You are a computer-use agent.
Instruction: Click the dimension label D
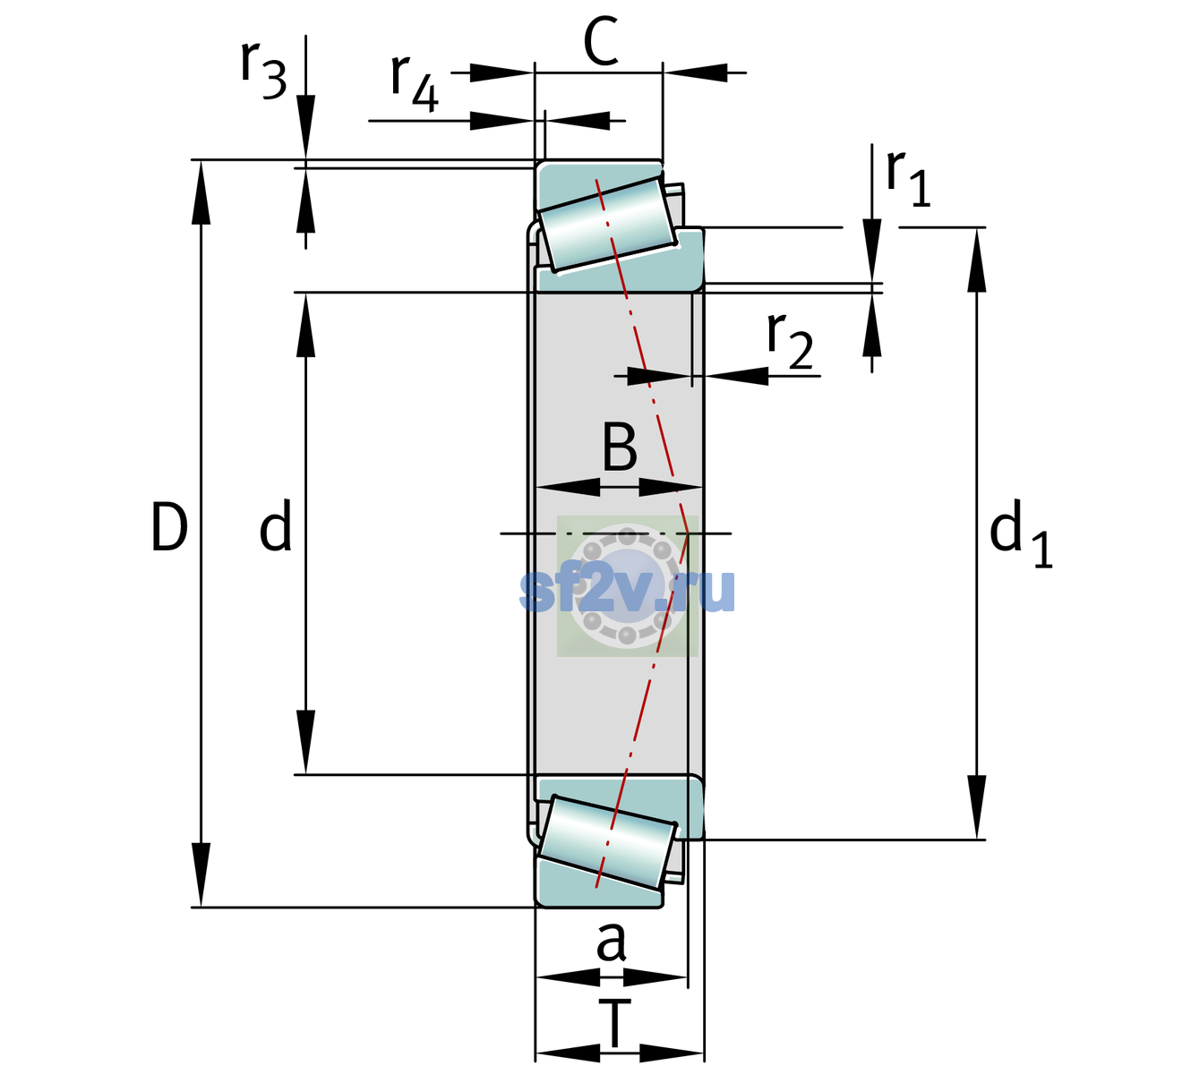coord(169,526)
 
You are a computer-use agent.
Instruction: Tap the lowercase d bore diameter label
coord(276,525)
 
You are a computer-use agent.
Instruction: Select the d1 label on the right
coord(1020,533)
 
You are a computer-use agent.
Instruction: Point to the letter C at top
coord(601,41)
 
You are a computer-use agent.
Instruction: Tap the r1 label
coord(908,178)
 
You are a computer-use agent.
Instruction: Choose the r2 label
coord(790,340)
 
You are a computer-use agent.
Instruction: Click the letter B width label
coord(620,447)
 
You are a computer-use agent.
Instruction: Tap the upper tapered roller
coord(607,225)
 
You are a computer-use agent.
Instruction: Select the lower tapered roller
coord(607,843)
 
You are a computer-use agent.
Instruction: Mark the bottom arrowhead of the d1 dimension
coord(977,807)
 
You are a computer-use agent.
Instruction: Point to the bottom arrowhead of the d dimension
coord(305,742)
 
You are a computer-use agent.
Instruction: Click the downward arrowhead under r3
coord(305,127)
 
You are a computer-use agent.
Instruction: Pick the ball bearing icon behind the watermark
coord(627,586)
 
